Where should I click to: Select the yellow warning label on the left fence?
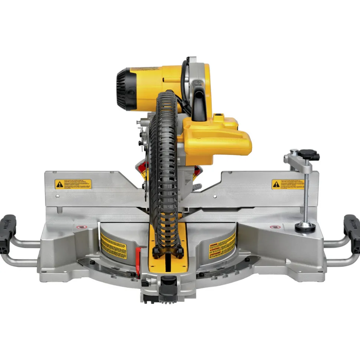pos(73,184)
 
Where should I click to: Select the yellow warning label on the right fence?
pos(288,184)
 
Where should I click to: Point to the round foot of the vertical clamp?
pos(305,226)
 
